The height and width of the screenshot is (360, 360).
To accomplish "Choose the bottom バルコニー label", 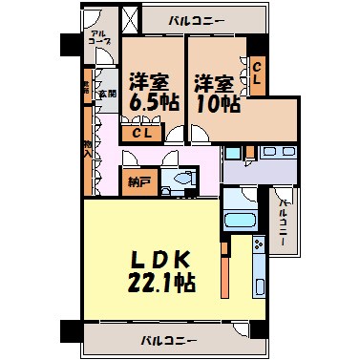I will pyautogui.click(x=168, y=340).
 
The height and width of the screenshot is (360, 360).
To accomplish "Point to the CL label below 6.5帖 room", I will pyautogui.click(x=141, y=134).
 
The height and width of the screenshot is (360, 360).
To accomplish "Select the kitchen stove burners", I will pyautogui.click(x=259, y=249).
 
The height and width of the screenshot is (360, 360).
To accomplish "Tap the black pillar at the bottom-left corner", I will pyautogui.click(x=68, y=331).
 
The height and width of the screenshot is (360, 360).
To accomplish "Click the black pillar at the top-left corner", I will pyautogui.click(x=70, y=43).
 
